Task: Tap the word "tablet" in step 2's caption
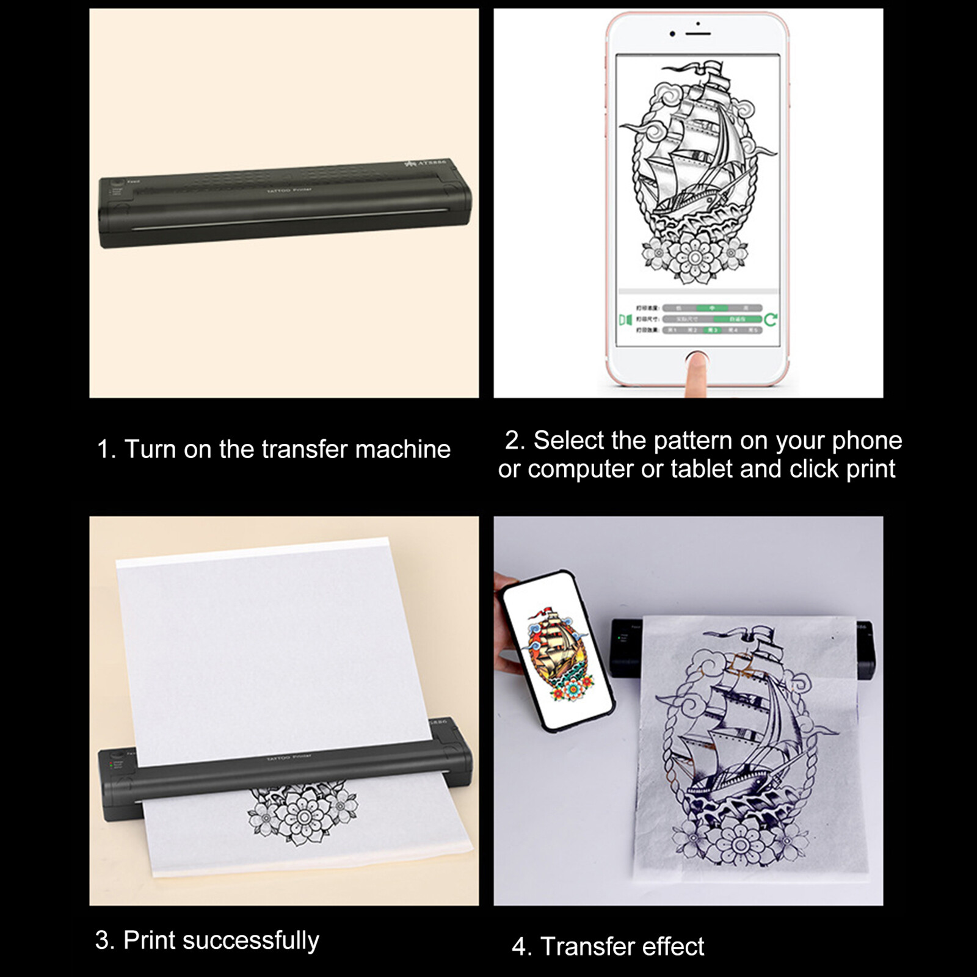click(702, 469)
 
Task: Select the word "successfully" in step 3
click(251, 940)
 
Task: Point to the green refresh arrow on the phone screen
click(771, 319)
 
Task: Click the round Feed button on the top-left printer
click(117, 183)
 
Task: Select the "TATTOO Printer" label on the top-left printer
click(289, 191)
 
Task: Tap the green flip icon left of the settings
click(625, 319)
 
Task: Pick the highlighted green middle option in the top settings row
click(712, 308)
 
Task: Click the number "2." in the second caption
click(515, 441)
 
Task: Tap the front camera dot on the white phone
click(672, 34)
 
